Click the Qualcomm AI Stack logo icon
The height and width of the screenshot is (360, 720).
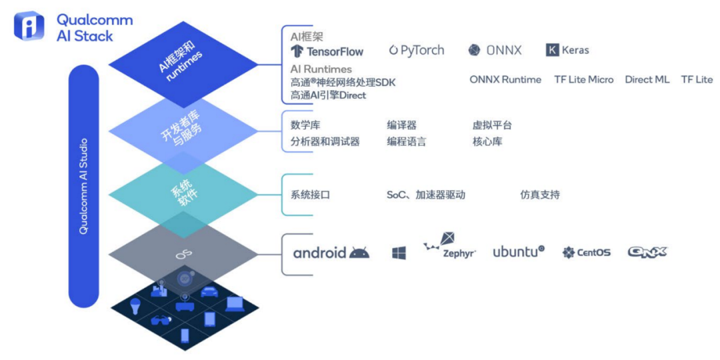coord(29,26)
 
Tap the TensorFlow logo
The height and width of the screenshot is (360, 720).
coord(327,51)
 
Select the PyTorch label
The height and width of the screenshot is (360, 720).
coord(417,50)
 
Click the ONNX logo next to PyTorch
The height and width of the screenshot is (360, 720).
coord(495,50)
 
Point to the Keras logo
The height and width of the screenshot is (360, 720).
coord(567,50)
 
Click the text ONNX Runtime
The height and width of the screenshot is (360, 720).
coord(505,79)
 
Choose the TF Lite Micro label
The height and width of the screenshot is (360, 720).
coord(583,79)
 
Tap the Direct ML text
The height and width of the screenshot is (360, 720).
coord(647,79)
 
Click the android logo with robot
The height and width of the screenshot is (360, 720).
coord(331,253)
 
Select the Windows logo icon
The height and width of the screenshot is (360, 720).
coord(399,253)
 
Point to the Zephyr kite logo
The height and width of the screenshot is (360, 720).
coord(449,247)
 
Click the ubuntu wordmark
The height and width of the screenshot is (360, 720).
coord(518,252)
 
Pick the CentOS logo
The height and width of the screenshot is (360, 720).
coord(586,253)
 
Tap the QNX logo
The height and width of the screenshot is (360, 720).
coord(647,252)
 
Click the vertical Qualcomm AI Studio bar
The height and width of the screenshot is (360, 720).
coord(83,186)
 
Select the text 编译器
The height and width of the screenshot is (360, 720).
coord(401,125)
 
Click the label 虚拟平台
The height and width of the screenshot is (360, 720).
coord(492,125)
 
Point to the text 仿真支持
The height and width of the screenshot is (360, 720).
coord(539,195)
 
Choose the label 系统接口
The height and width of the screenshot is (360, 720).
coord(310,195)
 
